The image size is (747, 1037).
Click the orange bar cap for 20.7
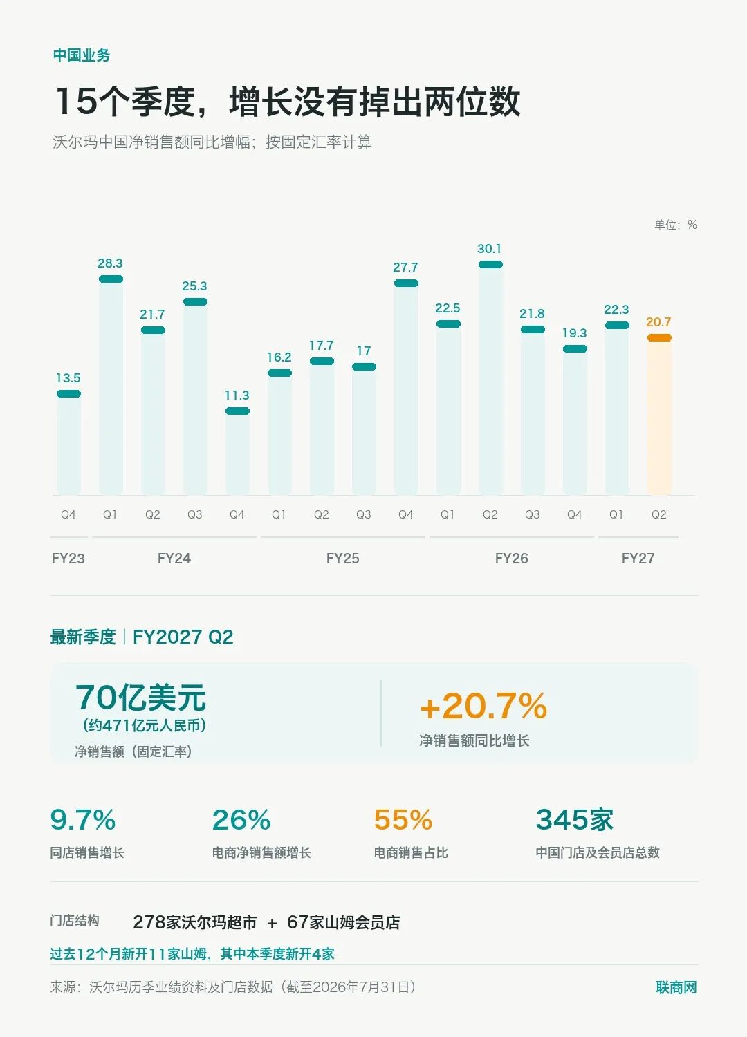tap(659, 337)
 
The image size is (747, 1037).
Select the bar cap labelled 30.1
tap(490, 264)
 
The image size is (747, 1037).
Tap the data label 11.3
tap(237, 395)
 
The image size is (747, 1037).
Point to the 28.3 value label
tap(110, 263)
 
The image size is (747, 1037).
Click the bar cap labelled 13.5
tap(69, 393)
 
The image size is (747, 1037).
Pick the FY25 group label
tap(342, 559)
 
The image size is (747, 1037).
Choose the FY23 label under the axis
tap(68, 559)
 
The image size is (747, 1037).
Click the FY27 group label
tap(638, 559)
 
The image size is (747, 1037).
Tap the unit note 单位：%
tap(676, 225)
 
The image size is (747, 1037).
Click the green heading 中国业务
tap(82, 55)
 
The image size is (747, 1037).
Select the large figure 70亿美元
tap(141, 698)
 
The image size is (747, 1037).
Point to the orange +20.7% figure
tap(483, 706)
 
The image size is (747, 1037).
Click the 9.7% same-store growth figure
tap(83, 820)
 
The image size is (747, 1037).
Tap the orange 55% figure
tap(403, 820)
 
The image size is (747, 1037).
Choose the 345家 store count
tap(574, 820)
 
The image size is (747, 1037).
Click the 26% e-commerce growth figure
tap(241, 820)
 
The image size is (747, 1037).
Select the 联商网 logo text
tap(676, 987)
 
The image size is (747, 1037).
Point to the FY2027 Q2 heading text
tap(183, 637)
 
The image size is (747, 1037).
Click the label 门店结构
tap(75, 920)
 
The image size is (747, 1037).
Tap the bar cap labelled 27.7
tap(406, 283)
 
